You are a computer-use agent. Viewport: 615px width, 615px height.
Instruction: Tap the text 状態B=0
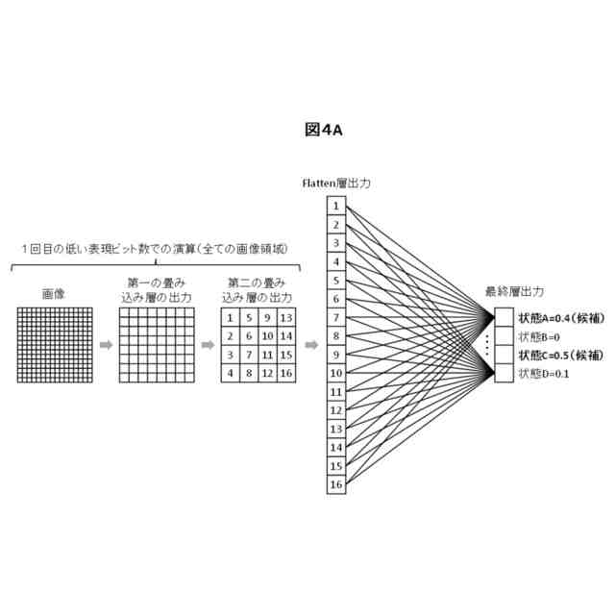[x=538, y=336]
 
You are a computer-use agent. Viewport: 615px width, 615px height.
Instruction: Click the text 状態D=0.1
[x=544, y=373]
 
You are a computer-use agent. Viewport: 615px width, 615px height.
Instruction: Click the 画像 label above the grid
[x=53, y=295]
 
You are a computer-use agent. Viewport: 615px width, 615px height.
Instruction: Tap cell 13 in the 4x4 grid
[x=285, y=317]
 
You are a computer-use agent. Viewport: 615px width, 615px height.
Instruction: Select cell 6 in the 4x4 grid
[x=249, y=336]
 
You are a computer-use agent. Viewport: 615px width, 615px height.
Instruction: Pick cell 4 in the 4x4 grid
[x=231, y=373]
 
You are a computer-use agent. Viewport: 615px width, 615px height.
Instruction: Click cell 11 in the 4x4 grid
[x=267, y=355]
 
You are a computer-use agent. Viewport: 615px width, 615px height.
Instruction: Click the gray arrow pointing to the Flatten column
[x=310, y=345]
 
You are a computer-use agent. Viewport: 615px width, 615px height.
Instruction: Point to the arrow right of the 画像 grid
[x=106, y=345]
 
